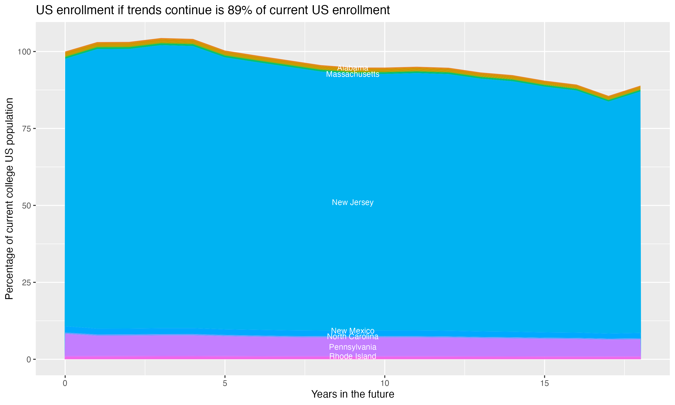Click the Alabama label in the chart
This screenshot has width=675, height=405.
pyautogui.click(x=353, y=68)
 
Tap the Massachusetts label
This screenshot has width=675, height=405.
pyautogui.click(x=353, y=74)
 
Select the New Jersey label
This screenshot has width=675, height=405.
pyautogui.click(x=353, y=202)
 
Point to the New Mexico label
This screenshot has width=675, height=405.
pyautogui.click(x=353, y=331)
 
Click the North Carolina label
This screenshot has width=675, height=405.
pyautogui.click(x=353, y=337)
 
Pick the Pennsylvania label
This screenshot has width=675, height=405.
pyautogui.click(x=353, y=347)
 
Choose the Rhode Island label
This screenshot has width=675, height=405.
pyautogui.click(x=353, y=356)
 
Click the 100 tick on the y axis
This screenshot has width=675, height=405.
pyautogui.click(x=25, y=52)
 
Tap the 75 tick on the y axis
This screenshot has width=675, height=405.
pyautogui.click(x=27, y=128)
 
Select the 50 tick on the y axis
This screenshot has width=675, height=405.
pyautogui.click(x=27, y=205)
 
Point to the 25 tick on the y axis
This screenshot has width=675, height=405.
pyautogui.click(x=27, y=282)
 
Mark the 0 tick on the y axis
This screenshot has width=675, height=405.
pyautogui.click(x=29, y=359)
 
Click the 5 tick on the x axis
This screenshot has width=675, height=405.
pyautogui.click(x=225, y=383)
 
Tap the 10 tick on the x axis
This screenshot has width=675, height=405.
pyautogui.click(x=385, y=383)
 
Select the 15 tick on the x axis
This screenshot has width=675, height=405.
pyautogui.click(x=544, y=383)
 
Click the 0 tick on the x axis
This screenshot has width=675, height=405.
pyautogui.click(x=65, y=383)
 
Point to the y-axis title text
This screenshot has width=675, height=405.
pyautogui.click(x=9, y=199)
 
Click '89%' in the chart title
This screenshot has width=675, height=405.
pyautogui.click(x=240, y=10)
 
